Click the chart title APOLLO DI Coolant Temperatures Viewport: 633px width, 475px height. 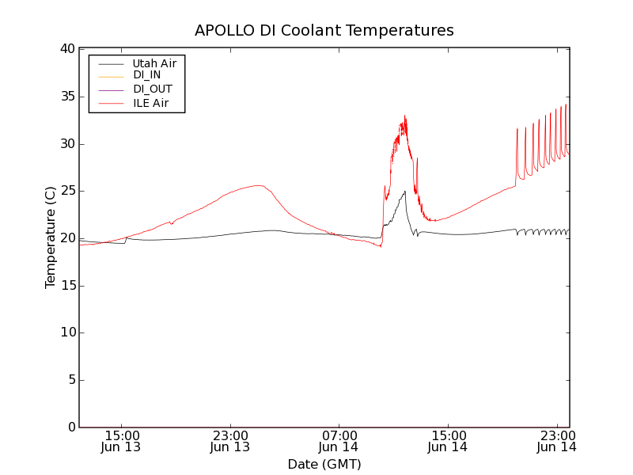pyautogui.click(x=324, y=31)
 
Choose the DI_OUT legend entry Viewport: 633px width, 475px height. pyautogui.click(x=152, y=89)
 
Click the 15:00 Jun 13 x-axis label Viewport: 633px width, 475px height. pyautogui.click(x=121, y=441)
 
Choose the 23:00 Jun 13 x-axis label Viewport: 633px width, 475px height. pyautogui.click(x=230, y=441)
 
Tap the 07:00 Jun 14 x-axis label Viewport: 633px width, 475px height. pyautogui.click(x=339, y=441)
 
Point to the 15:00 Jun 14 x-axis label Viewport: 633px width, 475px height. pyautogui.click(x=448, y=441)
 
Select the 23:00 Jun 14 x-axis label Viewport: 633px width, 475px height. pyautogui.click(x=556, y=441)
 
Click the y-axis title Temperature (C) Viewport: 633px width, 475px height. pyautogui.click(x=51, y=237)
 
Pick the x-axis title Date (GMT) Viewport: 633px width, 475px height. pyautogui.click(x=324, y=464)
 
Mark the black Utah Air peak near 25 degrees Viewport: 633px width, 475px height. pyautogui.click(x=405, y=191)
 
